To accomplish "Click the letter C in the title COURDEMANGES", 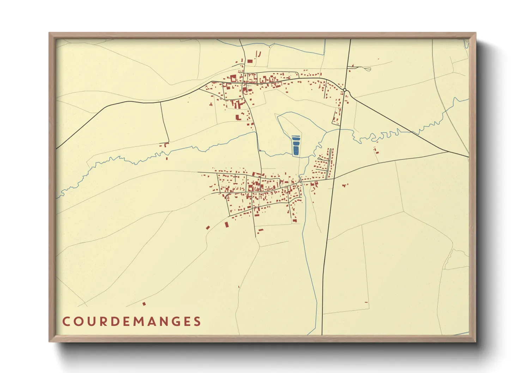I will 66,322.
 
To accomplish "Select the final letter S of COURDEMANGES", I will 197,322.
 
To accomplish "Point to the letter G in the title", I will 174,322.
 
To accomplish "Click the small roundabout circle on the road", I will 345,90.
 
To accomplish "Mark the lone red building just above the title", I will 144,304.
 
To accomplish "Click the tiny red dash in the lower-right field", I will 366,302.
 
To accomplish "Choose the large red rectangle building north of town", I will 250,61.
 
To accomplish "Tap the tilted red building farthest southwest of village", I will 208,227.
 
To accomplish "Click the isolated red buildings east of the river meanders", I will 376,151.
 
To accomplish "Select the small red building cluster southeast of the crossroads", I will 345,185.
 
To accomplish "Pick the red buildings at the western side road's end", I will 165,145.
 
